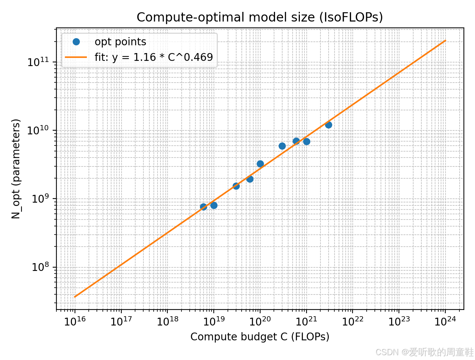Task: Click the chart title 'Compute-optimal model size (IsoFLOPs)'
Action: coord(260,17)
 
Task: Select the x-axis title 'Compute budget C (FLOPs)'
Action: coord(260,337)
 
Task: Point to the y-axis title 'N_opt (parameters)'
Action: coord(16,169)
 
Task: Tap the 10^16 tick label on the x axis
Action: coord(75,321)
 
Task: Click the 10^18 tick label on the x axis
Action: coord(167,321)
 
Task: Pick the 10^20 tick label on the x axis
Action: coord(260,321)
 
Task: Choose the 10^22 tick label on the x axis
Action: coord(353,321)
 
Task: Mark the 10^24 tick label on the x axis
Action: coord(445,321)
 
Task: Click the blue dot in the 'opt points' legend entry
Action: coord(76,42)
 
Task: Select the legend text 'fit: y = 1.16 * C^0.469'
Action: coord(154,57)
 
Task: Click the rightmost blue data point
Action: coord(328,125)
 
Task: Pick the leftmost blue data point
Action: coord(203,207)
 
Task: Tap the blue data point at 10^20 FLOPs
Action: coord(260,164)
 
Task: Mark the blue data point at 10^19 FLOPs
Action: coord(214,205)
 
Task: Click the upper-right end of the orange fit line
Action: coord(445,40)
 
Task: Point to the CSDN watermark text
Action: coord(425,351)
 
